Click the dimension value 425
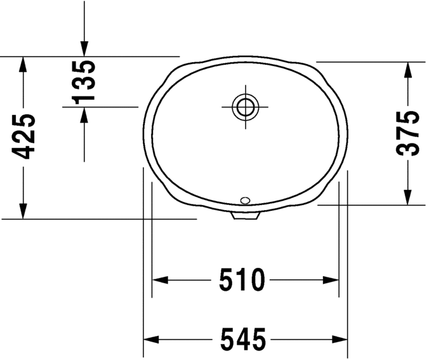point(23,136)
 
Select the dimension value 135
point(84,81)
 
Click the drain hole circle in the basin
point(244,106)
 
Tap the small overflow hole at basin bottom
point(246,201)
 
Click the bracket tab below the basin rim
point(246,216)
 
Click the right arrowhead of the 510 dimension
point(331,280)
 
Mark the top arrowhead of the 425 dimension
point(23,63)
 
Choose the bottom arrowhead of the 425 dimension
point(23,211)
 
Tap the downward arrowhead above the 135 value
point(84,48)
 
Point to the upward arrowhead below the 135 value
point(84,114)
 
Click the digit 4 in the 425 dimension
point(23,150)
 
